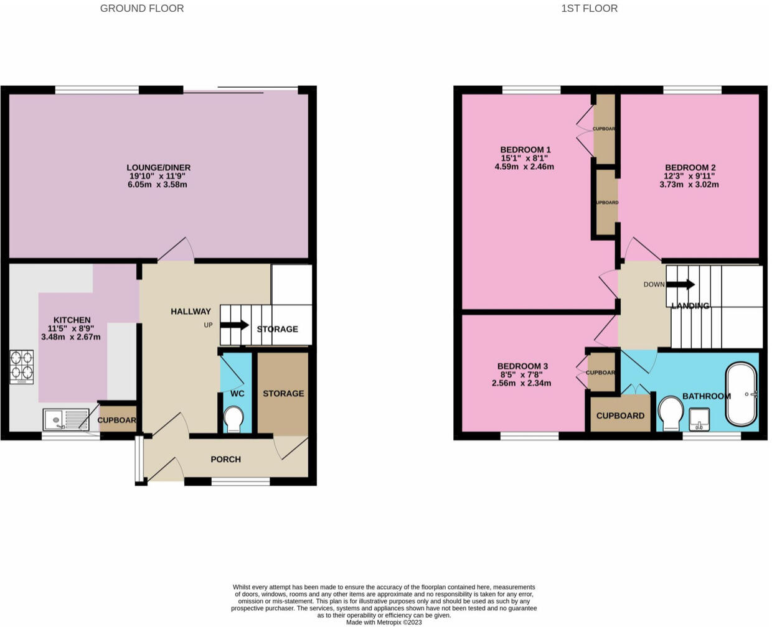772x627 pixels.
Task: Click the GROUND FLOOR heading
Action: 142,8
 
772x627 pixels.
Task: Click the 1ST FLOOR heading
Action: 590,8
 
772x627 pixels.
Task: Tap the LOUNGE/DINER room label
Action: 158,167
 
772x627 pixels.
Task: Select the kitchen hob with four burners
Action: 22,367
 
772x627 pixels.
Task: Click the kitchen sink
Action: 66,420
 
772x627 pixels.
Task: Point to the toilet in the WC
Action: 233,419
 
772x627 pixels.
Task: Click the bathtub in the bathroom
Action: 741,394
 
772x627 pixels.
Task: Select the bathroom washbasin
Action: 699,419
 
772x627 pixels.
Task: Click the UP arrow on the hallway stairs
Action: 234,325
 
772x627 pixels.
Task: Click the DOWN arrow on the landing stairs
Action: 680,284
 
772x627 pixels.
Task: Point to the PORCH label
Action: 226,460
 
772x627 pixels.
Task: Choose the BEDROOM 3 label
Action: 522,366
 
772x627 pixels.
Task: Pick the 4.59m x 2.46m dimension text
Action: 524,167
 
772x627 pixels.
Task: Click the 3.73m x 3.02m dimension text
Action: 689,185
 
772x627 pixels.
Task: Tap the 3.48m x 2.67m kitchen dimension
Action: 71,337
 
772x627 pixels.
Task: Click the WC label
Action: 237,394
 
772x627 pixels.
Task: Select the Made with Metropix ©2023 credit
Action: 384,622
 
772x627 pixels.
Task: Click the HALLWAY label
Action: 191,312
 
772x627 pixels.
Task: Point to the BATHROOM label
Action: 707,396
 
